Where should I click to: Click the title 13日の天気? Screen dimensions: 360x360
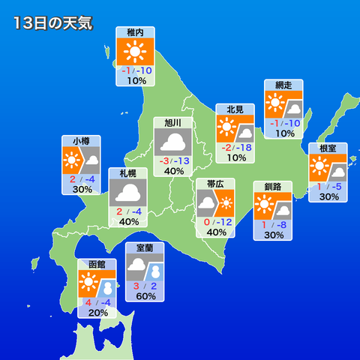pyautogui.click(x=52, y=23)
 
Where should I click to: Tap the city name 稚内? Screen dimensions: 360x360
pyautogui.click(x=136, y=33)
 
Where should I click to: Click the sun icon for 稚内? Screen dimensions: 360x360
pyautogui.click(x=136, y=52)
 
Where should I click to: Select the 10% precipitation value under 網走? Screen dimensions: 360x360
pyautogui.click(x=284, y=133)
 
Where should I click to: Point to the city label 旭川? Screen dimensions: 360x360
pyautogui.click(x=173, y=123)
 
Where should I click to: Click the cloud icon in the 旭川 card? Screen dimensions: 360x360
pyautogui.click(x=174, y=142)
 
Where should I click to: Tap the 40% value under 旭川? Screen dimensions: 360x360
pyautogui.click(x=174, y=171)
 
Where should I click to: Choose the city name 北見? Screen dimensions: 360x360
pyautogui.click(x=235, y=109)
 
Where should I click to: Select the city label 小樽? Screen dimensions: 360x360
pyautogui.click(x=82, y=140)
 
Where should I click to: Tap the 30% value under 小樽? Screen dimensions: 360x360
pyautogui.click(x=82, y=190)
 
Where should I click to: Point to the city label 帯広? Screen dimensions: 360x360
pyautogui.click(x=216, y=184)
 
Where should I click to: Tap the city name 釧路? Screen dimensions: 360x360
pyautogui.click(x=273, y=186)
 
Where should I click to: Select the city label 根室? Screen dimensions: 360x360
pyautogui.click(x=328, y=148)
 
